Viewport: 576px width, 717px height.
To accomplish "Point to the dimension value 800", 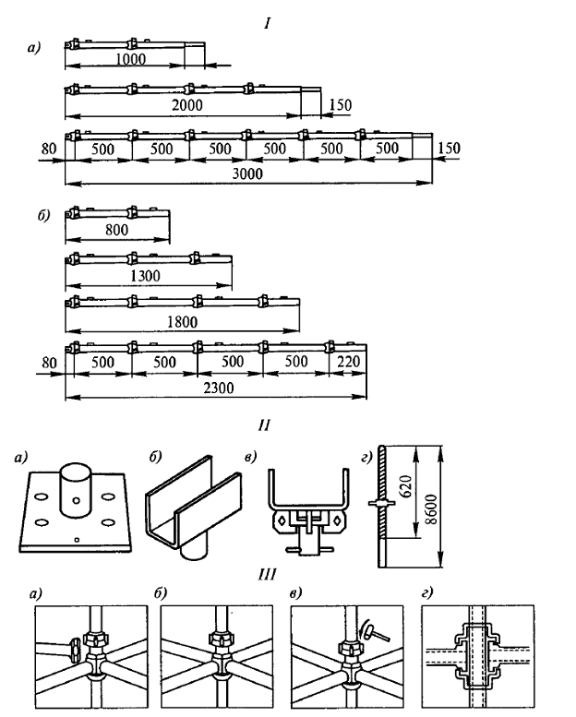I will point(117,228).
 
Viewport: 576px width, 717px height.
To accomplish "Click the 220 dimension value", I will point(347,362).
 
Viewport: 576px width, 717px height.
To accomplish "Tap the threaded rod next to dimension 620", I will point(383,503).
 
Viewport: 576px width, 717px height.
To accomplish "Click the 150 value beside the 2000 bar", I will point(339,105).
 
